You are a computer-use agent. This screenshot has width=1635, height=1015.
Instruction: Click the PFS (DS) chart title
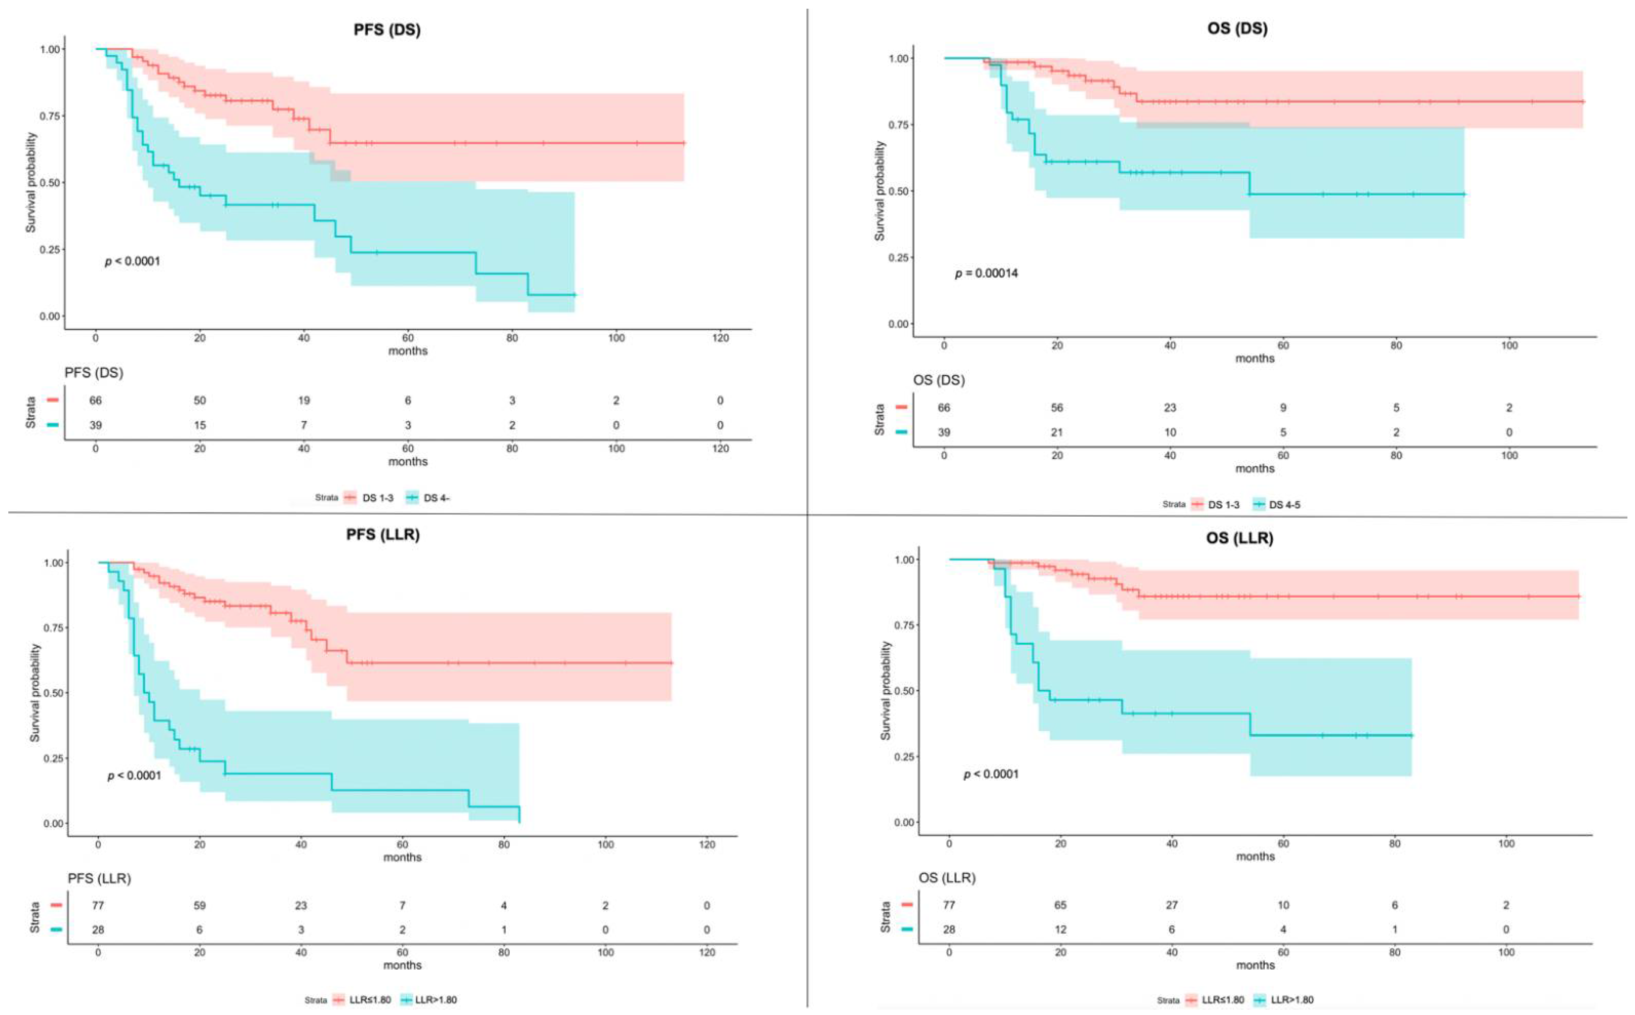pos(387,30)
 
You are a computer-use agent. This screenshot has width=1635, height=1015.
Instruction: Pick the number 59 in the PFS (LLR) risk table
pos(199,906)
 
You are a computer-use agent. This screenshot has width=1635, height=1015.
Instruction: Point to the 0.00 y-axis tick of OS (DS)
pos(898,324)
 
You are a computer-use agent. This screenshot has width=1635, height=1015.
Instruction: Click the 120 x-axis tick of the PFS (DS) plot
pos(720,338)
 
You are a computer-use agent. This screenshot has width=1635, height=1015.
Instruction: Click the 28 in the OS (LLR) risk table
pos(949,930)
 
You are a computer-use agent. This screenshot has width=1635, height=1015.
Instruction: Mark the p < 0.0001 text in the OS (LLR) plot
pos(991,775)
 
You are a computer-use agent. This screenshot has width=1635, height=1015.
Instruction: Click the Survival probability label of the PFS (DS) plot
pos(31,183)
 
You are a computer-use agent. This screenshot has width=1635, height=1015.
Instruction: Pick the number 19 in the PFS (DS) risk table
pos(304,401)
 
